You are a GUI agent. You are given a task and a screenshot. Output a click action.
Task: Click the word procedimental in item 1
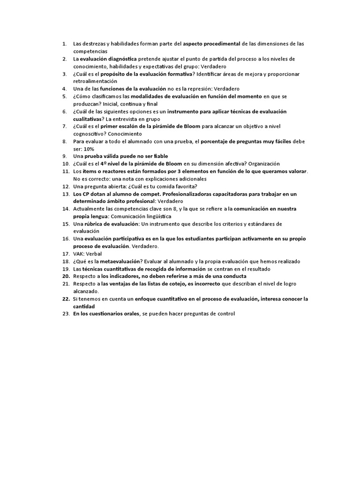point(222,44)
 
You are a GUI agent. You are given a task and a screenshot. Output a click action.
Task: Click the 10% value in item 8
point(89,149)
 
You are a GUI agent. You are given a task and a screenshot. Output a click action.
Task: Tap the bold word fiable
point(159,156)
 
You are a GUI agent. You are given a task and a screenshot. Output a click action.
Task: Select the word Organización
point(264,164)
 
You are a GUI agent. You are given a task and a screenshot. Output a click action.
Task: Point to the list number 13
point(66,194)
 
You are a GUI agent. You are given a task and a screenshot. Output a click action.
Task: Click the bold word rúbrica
point(93,224)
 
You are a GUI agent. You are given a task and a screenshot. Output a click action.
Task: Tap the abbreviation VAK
point(79,254)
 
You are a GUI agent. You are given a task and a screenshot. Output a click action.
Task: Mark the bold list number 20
point(66,276)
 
